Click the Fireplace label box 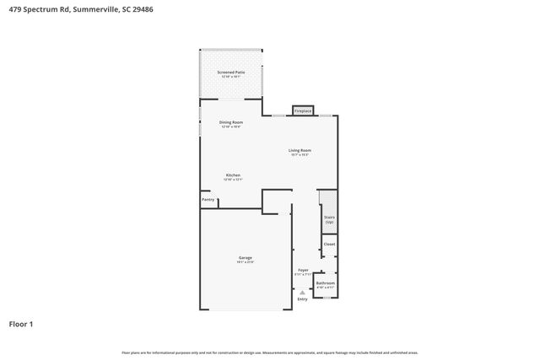pos(302,110)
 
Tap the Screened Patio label pos(231,73)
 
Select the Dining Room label pos(230,122)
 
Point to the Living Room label pos(300,150)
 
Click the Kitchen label pos(233,175)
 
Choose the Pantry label pos(208,200)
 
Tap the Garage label pos(246,257)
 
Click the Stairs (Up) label pos(329,219)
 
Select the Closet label pos(329,244)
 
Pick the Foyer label pos(302,270)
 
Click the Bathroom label pos(326,283)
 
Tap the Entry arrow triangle pos(302,292)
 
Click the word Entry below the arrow pos(302,299)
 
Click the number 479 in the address pos(14,8)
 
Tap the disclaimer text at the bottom pos(269,352)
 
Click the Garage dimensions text pos(246,262)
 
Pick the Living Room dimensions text pos(300,155)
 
